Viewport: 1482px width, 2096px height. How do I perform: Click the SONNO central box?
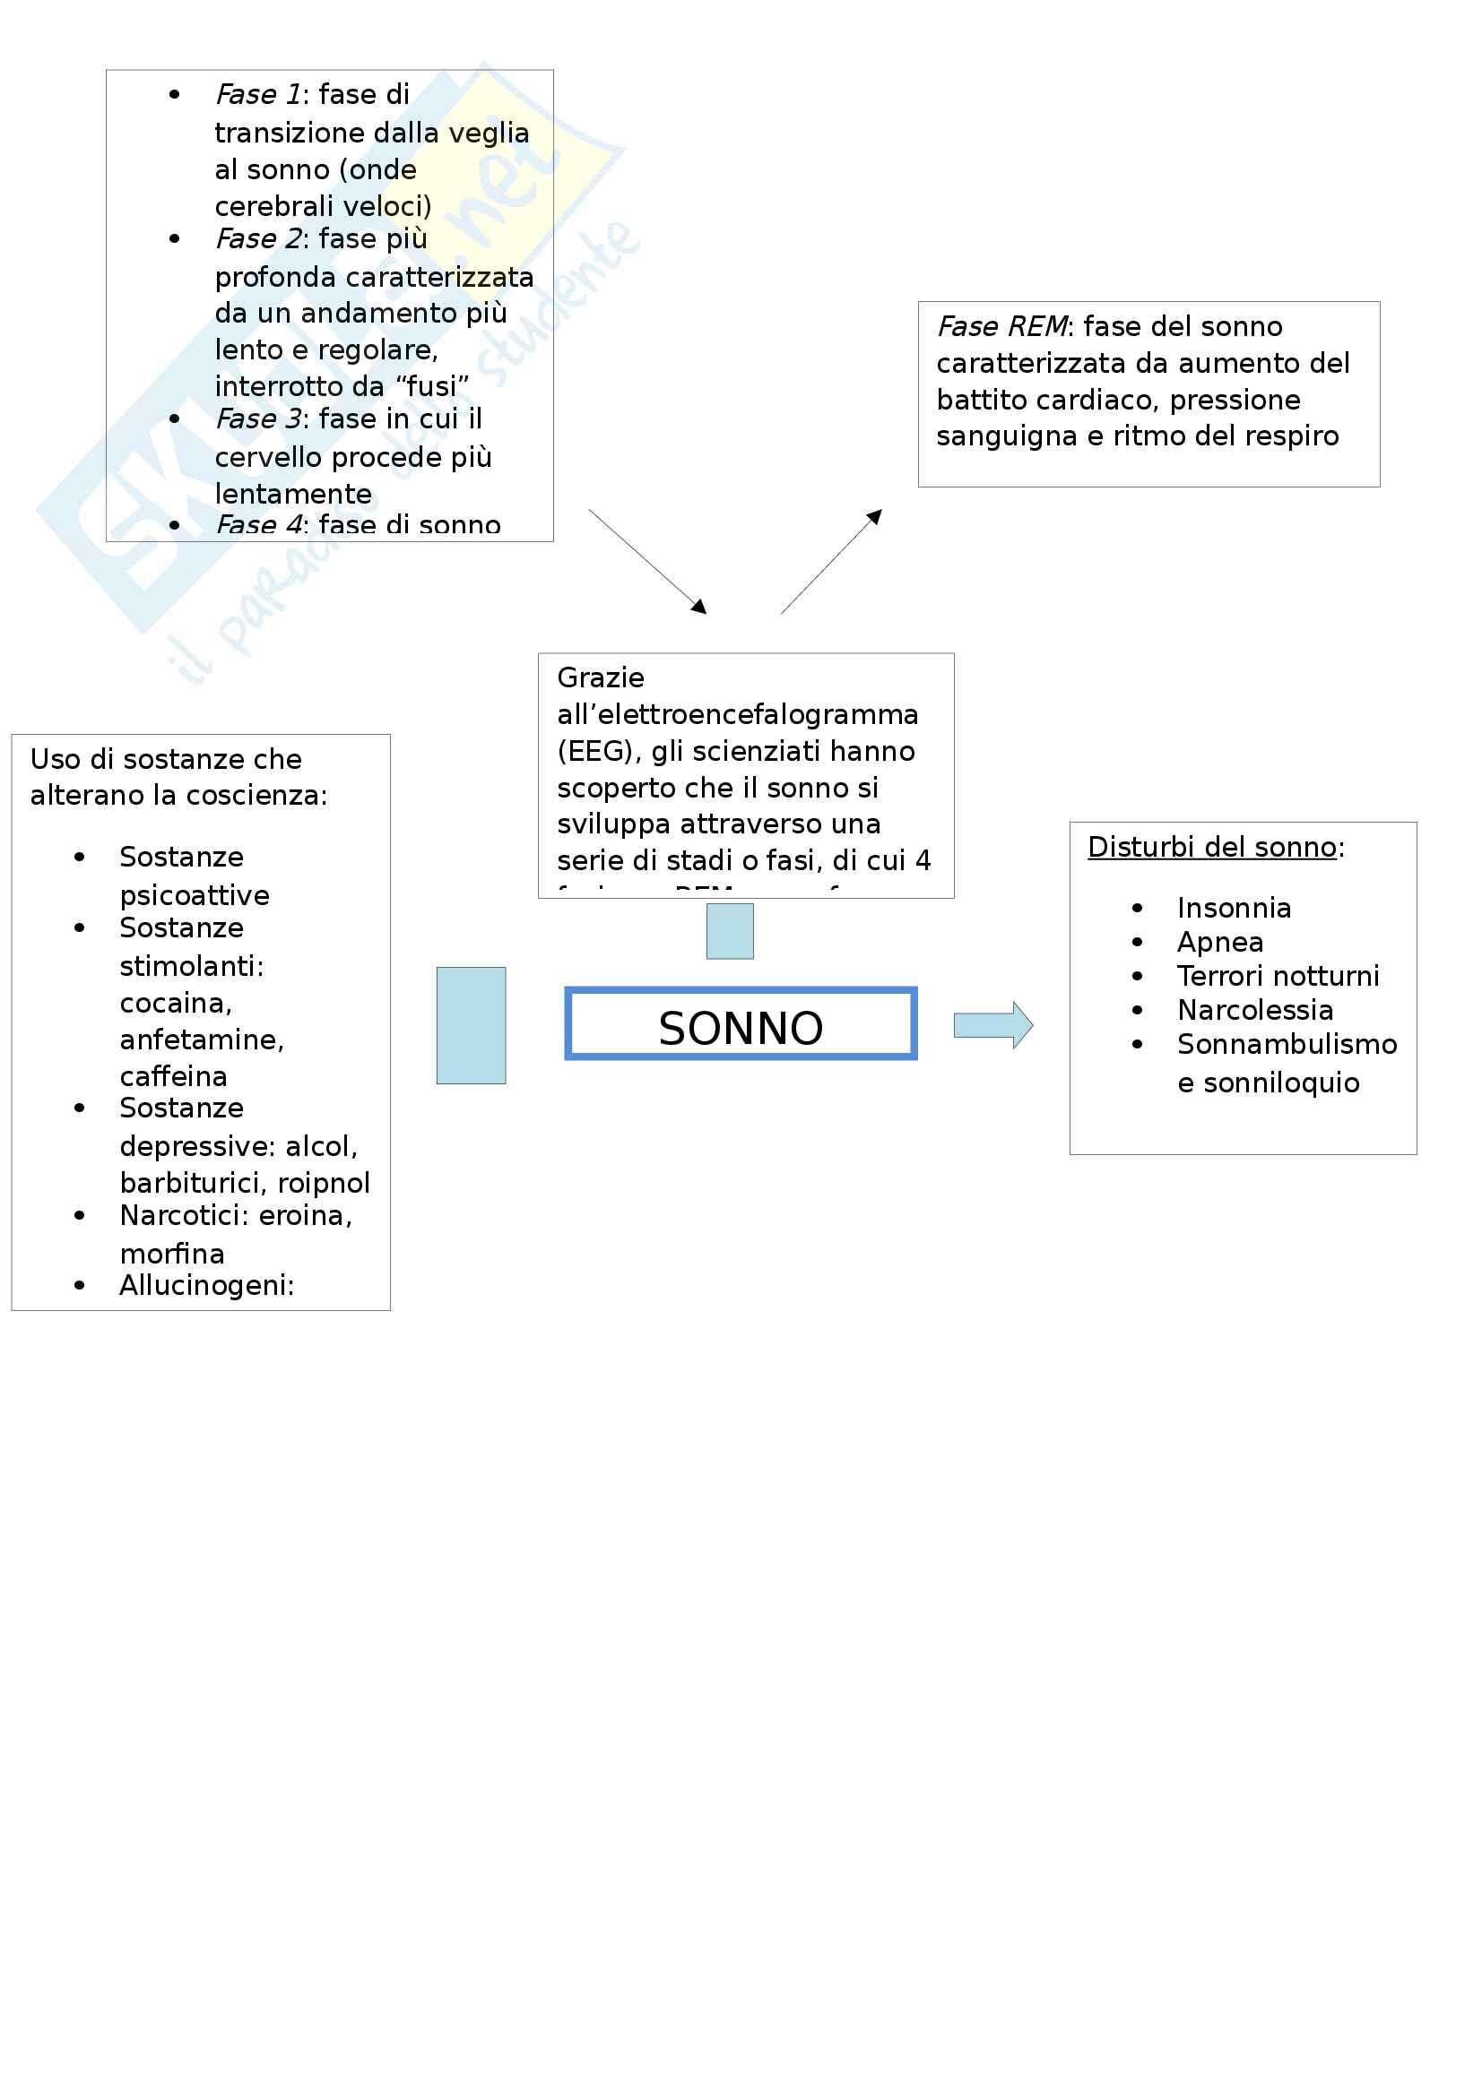[741, 1023]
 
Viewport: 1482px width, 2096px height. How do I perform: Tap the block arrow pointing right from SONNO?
[992, 1025]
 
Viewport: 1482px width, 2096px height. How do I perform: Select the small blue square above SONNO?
[730, 930]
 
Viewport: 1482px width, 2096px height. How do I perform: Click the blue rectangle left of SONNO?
[471, 1025]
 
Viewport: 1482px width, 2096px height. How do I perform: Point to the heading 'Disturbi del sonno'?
[1212, 847]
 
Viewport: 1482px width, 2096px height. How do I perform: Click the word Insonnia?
[1234, 908]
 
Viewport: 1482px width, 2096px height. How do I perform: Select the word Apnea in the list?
[1220, 941]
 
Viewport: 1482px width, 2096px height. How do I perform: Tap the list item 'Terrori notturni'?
[1278, 976]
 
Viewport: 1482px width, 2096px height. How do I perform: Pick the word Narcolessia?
[1254, 1010]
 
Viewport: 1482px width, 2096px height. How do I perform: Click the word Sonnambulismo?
[1287, 1043]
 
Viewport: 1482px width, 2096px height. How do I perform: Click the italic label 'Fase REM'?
[1001, 326]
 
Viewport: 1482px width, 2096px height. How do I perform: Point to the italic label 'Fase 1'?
[257, 94]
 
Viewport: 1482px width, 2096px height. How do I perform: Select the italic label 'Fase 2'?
[257, 238]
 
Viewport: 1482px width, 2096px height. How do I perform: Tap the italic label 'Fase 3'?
[257, 418]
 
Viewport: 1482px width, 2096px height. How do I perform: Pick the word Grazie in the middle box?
[601, 677]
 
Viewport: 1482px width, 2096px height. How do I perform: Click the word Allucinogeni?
[205, 1284]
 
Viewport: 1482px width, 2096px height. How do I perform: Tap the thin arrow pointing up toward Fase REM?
[831, 562]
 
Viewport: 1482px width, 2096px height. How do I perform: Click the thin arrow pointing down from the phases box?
[647, 562]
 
